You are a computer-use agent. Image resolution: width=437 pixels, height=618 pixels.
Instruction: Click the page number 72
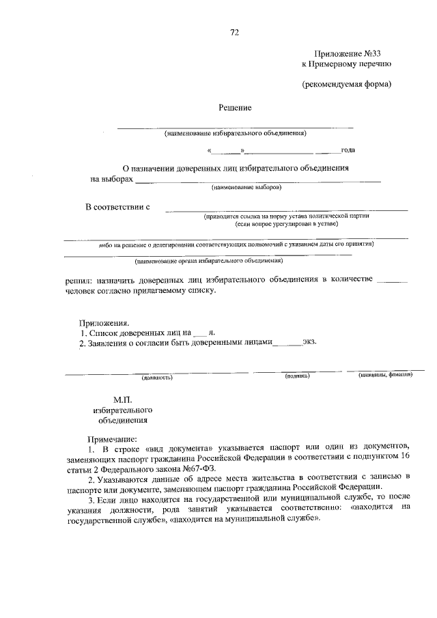pos(235,32)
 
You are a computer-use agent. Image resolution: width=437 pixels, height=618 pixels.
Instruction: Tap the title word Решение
pos(235,107)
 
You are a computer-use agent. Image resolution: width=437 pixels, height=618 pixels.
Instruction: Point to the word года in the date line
pos(348,150)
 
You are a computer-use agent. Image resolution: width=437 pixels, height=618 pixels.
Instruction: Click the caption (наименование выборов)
pos(245,186)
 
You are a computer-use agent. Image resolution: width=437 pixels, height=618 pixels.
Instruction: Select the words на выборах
pos(111,179)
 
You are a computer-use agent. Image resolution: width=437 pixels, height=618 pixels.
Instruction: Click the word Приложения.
pos(104,322)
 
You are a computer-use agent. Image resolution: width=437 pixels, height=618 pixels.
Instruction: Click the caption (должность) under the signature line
pos(156,377)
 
